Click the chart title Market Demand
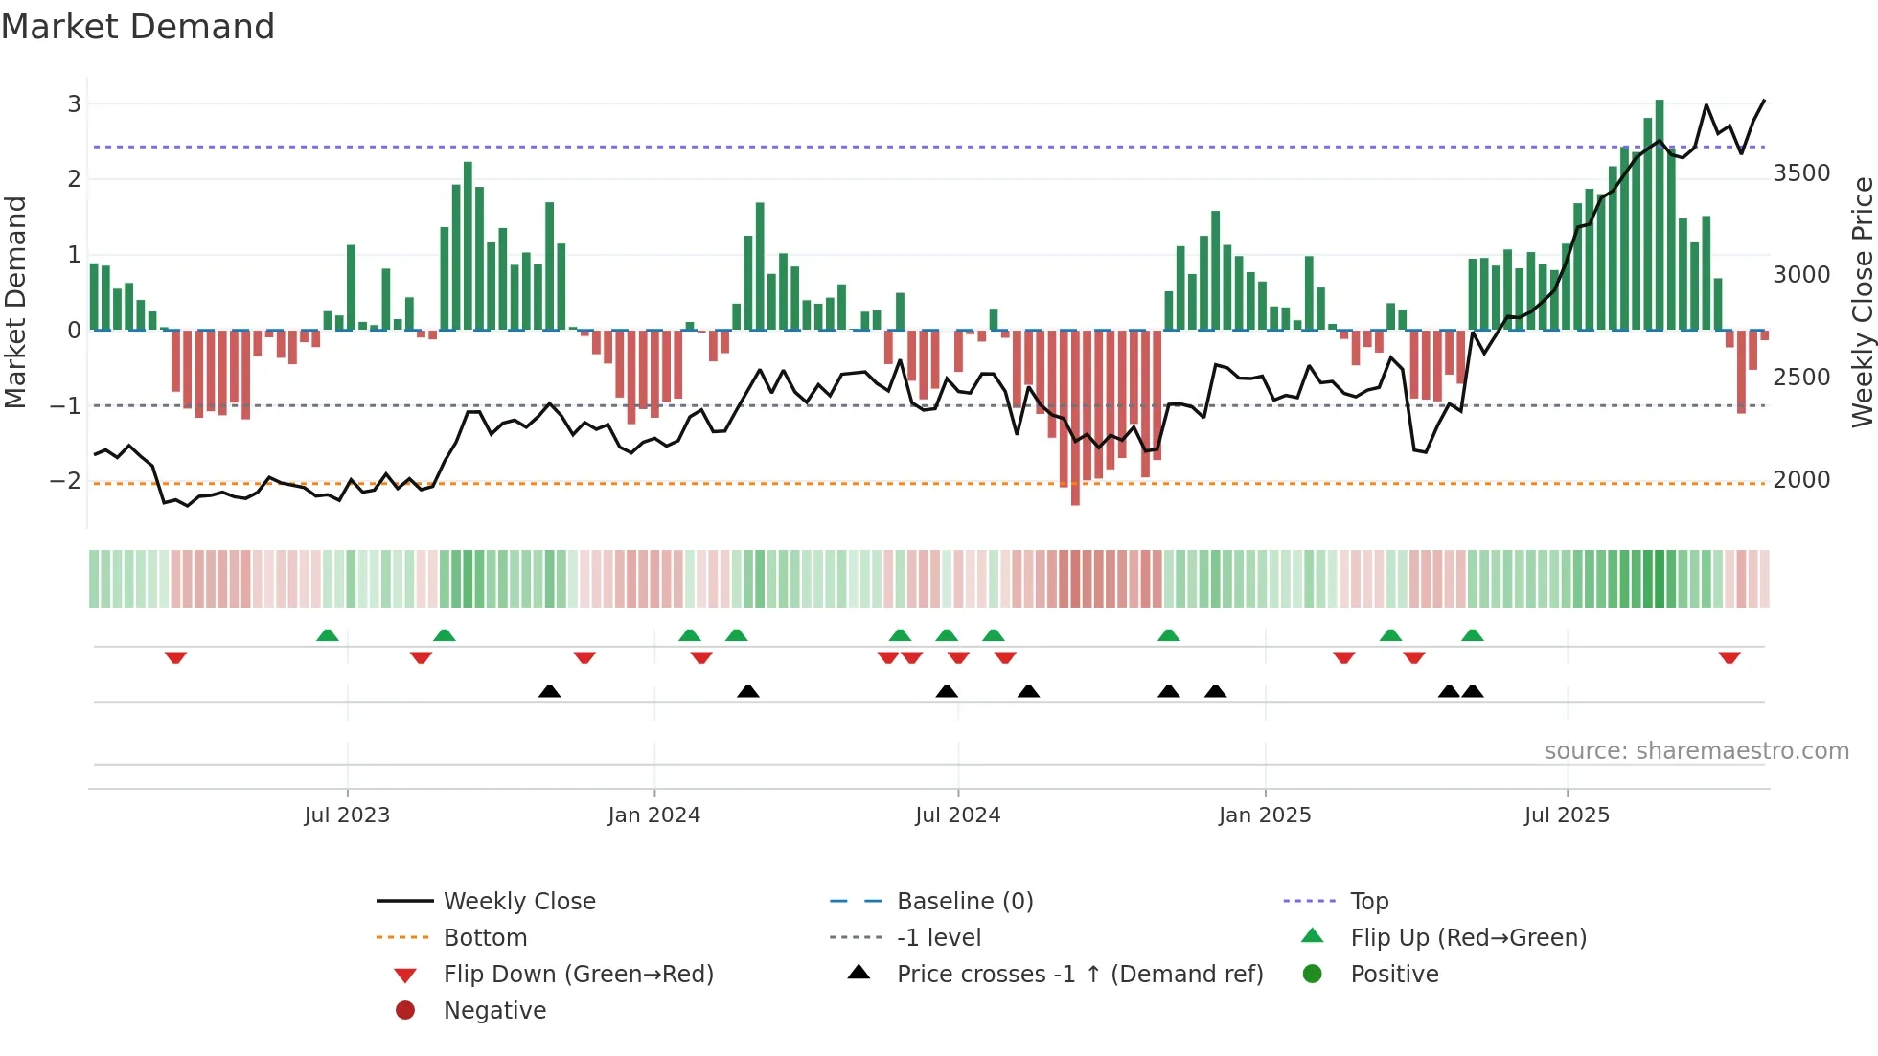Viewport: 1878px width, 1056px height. (x=138, y=27)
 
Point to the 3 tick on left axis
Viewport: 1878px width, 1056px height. (x=74, y=103)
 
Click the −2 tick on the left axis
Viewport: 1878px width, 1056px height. (x=66, y=480)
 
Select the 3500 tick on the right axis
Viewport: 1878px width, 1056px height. (x=1801, y=173)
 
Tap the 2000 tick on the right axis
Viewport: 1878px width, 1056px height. (x=1801, y=480)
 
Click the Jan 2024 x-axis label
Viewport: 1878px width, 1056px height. (x=653, y=815)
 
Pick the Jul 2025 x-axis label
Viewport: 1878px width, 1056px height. (x=1567, y=815)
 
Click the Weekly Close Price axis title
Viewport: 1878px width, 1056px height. (x=1862, y=302)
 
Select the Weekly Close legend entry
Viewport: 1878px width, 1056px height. (x=518, y=902)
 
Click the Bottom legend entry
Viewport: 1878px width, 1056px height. (x=485, y=938)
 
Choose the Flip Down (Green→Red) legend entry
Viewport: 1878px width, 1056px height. (x=578, y=975)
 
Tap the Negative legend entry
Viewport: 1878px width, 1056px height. (x=494, y=1011)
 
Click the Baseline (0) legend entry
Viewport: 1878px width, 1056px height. (x=964, y=902)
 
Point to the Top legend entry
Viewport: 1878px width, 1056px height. (x=1368, y=902)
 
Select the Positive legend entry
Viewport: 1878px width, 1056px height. (x=1394, y=975)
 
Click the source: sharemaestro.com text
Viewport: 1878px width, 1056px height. (x=1696, y=751)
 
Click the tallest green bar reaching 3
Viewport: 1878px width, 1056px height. (x=1660, y=216)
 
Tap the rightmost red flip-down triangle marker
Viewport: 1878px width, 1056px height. (x=1729, y=657)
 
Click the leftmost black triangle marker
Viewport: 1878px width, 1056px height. (x=549, y=691)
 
